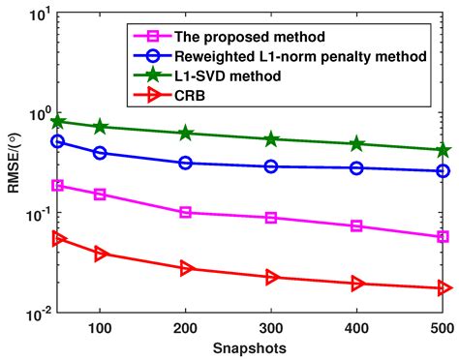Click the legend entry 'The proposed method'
click(250, 37)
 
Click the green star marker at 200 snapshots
click(185, 133)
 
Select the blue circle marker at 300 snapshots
click(271, 166)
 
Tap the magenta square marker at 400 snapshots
click(357, 226)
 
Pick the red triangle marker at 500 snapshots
click(444, 288)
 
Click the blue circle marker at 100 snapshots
click(99, 153)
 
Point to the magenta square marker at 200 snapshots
click(185, 212)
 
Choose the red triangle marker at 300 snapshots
click(271, 278)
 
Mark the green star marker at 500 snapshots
click(444, 150)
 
